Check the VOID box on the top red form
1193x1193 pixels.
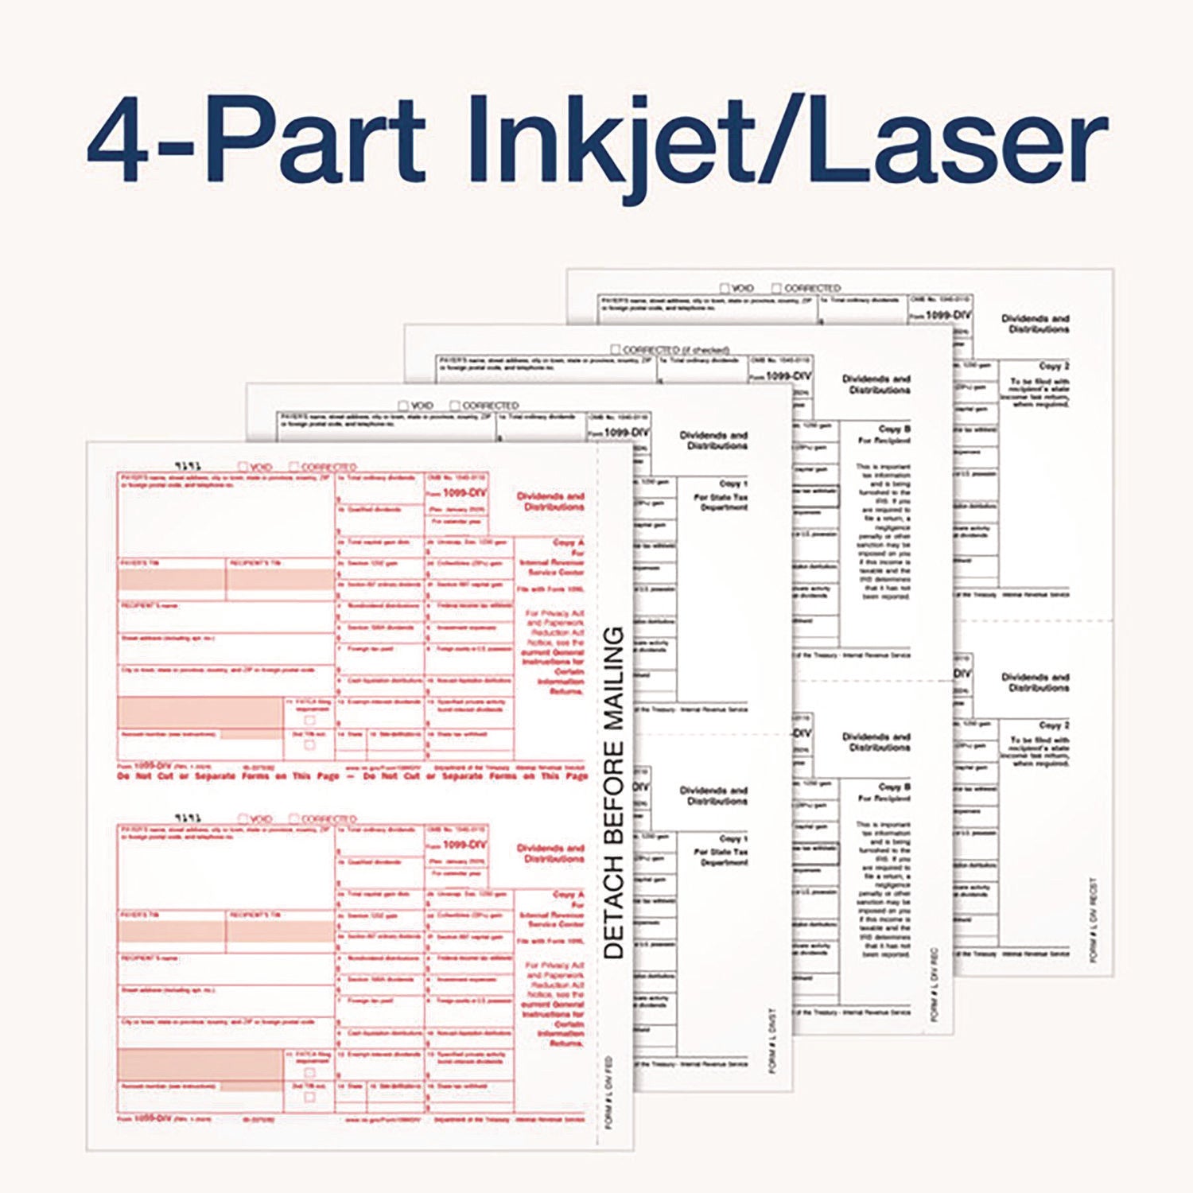pos(243,467)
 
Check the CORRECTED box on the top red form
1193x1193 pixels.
pos(294,467)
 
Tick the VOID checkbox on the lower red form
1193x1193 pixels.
pos(243,818)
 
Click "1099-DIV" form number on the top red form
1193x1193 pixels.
pos(464,492)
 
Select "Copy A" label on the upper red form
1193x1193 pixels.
pos(568,542)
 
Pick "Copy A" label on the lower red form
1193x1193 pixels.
pos(568,894)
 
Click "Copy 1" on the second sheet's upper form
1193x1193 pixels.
pos(733,484)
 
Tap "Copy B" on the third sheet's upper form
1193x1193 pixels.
pos(895,429)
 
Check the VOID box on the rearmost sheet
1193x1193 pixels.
pos(725,288)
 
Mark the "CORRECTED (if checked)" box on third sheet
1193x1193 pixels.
pos(616,349)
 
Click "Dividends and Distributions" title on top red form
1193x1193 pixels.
pos(550,501)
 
